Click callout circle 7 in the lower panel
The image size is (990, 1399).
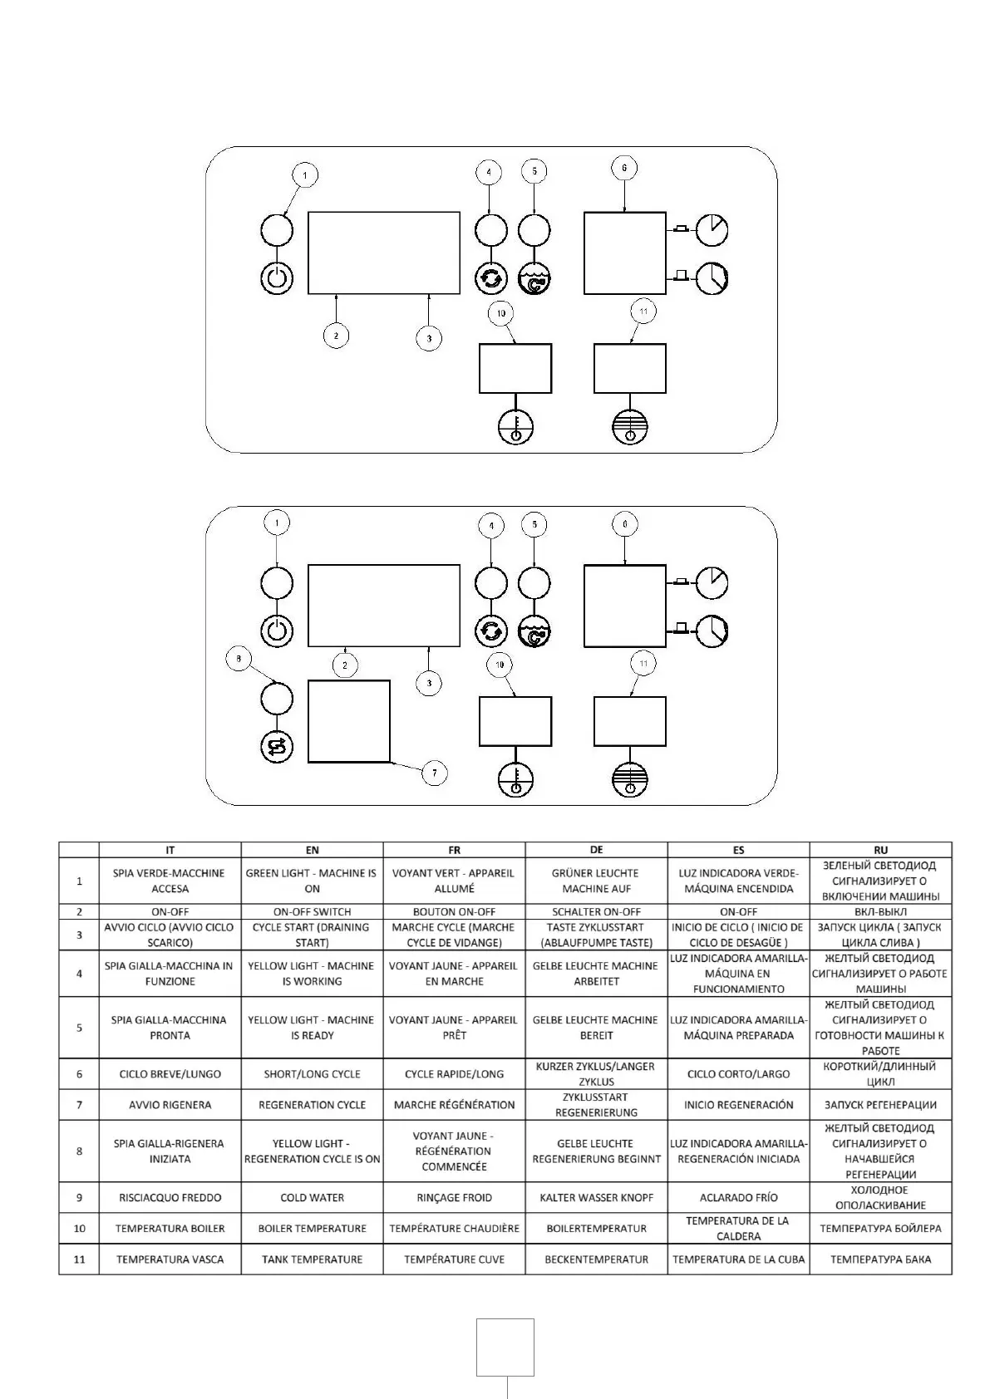434,773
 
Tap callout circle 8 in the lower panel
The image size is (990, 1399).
239,660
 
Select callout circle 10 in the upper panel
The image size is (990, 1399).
500,313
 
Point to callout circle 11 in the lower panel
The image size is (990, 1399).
643,663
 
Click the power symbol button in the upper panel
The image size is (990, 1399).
277,277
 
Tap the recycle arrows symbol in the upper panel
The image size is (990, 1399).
490,277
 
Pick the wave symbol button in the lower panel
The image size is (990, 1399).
534,632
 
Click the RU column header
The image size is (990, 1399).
880,850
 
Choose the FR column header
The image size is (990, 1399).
454,850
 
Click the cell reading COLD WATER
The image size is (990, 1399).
312,1198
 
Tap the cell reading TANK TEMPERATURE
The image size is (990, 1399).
312,1259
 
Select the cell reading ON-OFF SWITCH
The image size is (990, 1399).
312,911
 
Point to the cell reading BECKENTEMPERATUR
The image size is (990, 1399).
596,1259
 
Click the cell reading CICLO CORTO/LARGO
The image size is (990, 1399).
738,1074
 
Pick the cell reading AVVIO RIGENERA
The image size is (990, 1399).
170,1105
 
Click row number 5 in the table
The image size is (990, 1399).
80,1028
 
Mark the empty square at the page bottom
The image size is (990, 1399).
505,1347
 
